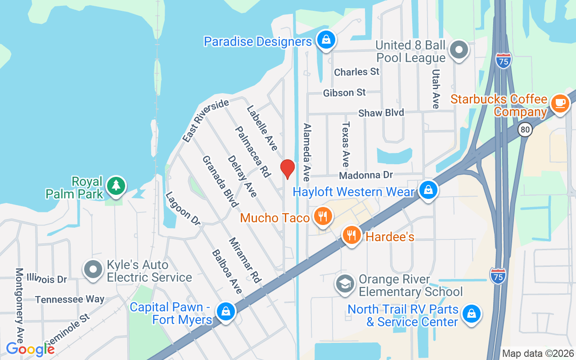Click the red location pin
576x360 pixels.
(x=288, y=169)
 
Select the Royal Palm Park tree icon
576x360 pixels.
(x=116, y=185)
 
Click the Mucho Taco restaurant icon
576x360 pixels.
(x=322, y=216)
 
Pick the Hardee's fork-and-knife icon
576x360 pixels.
(x=352, y=235)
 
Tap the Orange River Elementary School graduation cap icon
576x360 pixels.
(x=345, y=283)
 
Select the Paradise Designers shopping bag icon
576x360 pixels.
(x=325, y=40)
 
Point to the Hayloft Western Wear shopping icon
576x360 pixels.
(x=428, y=190)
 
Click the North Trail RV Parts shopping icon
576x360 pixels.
(x=471, y=313)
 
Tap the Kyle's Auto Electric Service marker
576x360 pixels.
(x=93, y=270)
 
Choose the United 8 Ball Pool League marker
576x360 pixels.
(x=459, y=49)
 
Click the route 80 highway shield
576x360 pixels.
(x=525, y=130)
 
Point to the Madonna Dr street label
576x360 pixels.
(x=366, y=175)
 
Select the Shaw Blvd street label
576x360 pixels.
(x=381, y=112)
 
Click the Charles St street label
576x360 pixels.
(x=356, y=72)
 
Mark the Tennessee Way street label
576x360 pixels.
(x=70, y=299)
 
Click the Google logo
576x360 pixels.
(x=30, y=349)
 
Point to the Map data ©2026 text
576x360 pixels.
(x=538, y=353)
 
